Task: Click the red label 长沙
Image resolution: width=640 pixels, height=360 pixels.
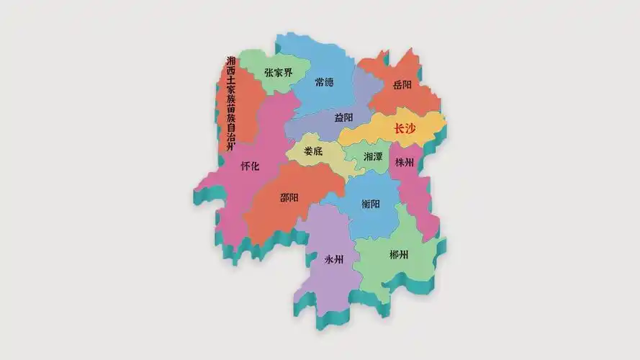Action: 405,129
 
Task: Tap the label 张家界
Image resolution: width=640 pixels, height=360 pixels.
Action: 278,73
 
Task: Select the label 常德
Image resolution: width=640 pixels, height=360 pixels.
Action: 325,82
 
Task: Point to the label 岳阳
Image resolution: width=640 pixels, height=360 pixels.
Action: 402,85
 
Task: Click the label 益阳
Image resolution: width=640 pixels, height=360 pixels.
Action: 344,117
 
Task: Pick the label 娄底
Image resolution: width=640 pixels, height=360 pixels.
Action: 313,151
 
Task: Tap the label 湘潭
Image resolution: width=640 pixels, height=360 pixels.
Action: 373,156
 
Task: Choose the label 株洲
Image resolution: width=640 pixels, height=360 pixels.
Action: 405,163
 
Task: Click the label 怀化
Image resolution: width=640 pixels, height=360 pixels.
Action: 250,166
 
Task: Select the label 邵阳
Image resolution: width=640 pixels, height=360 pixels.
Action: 289,197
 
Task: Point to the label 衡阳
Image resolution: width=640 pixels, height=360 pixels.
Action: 371,204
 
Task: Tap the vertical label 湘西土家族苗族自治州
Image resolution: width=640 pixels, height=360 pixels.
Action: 231,104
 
